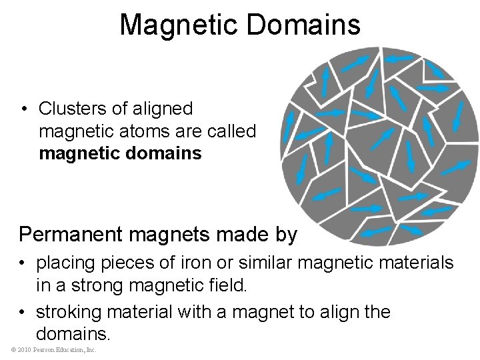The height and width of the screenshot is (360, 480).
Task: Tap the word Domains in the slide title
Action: (301, 25)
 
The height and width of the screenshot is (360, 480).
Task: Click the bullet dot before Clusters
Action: (23, 109)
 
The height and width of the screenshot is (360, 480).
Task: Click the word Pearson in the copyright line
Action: (41, 350)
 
